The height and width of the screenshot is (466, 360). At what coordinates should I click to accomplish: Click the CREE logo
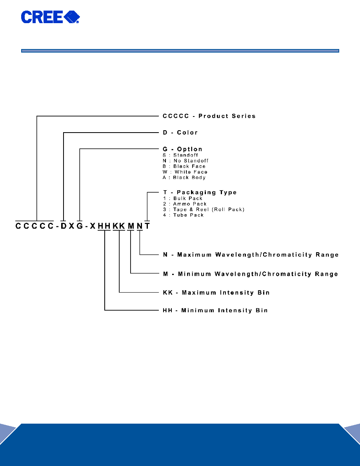(x=50, y=17)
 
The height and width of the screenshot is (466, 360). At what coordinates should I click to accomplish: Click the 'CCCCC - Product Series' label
(x=209, y=116)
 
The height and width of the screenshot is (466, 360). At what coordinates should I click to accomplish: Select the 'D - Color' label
(x=180, y=133)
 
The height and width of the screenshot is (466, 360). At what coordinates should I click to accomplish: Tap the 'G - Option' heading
(x=182, y=149)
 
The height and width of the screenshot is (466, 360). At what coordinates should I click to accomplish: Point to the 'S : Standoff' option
(x=180, y=155)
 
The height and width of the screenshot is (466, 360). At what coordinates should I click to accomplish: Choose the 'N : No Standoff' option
(x=185, y=161)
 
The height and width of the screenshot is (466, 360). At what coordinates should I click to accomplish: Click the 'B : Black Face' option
(x=184, y=166)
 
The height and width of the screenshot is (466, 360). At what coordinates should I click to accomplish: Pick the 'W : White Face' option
(x=185, y=172)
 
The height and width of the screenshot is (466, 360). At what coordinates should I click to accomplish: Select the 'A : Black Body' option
(x=184, y=178)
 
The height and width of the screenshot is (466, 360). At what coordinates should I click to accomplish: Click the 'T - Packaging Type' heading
(x=200, y=192)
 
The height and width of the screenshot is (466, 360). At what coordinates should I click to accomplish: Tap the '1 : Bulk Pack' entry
(x=183, y=198)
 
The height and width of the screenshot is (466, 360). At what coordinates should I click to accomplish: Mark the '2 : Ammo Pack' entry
(x=185, y=204)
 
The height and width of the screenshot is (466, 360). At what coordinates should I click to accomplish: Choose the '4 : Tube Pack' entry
(x=183, y=215)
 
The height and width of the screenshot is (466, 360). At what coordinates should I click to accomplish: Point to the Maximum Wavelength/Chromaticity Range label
(x=251, y=255)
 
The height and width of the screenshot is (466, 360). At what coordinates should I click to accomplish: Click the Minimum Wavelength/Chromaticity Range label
(x=251, y=274)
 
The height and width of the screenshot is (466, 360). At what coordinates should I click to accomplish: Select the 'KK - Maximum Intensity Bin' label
(x=216, y=293)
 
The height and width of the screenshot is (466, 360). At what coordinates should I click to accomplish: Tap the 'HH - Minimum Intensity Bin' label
(x=215, y=311)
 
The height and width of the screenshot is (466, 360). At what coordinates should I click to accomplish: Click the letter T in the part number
(x=147, y=226)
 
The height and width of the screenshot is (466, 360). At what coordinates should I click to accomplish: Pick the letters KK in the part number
(x=119, y=226)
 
